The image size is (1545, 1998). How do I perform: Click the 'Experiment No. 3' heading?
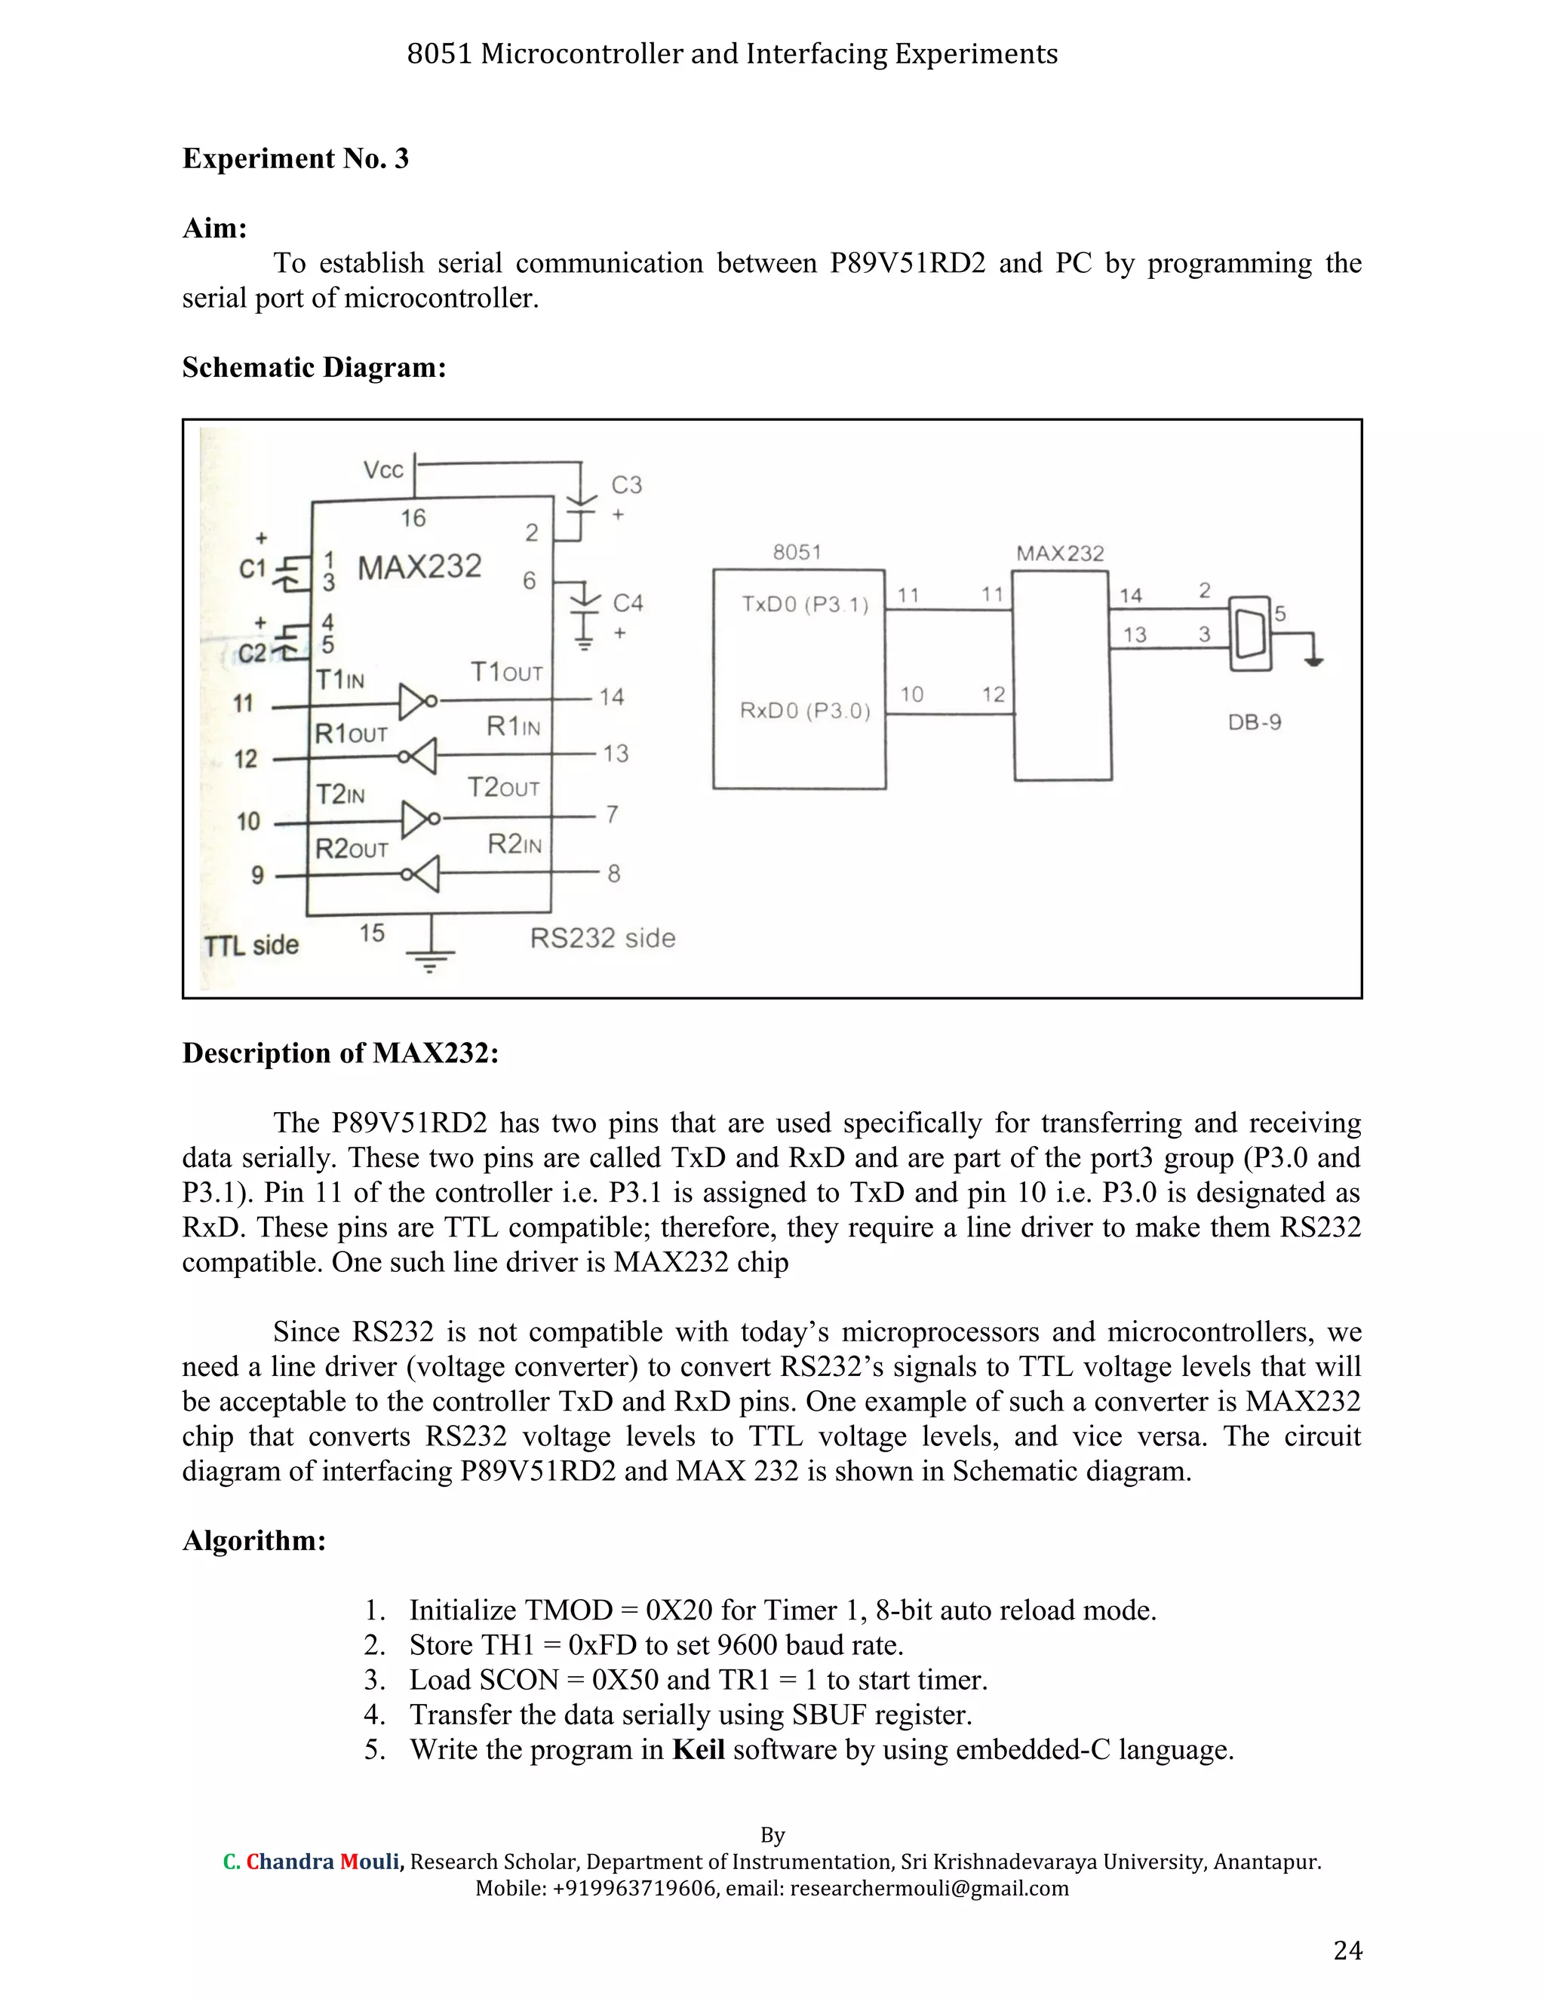296,159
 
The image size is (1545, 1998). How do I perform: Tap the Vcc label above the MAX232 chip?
382,470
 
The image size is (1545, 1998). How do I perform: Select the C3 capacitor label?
627,485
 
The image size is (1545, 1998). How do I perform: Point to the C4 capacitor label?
628,603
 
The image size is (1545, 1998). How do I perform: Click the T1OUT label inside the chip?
506,673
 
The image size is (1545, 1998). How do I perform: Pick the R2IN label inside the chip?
514,844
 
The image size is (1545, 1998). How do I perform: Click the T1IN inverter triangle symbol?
413,702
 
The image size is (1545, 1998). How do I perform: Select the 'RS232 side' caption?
602,938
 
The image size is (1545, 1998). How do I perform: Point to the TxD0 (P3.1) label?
804,604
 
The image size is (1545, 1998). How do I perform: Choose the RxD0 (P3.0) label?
804,711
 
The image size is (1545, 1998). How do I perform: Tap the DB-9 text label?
1254,722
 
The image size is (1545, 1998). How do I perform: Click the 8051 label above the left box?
797,552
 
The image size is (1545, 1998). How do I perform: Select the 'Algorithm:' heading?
254,1540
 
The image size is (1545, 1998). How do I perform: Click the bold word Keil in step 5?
699,1749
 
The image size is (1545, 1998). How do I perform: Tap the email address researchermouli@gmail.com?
929,1887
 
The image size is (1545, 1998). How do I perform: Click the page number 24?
1347,1951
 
